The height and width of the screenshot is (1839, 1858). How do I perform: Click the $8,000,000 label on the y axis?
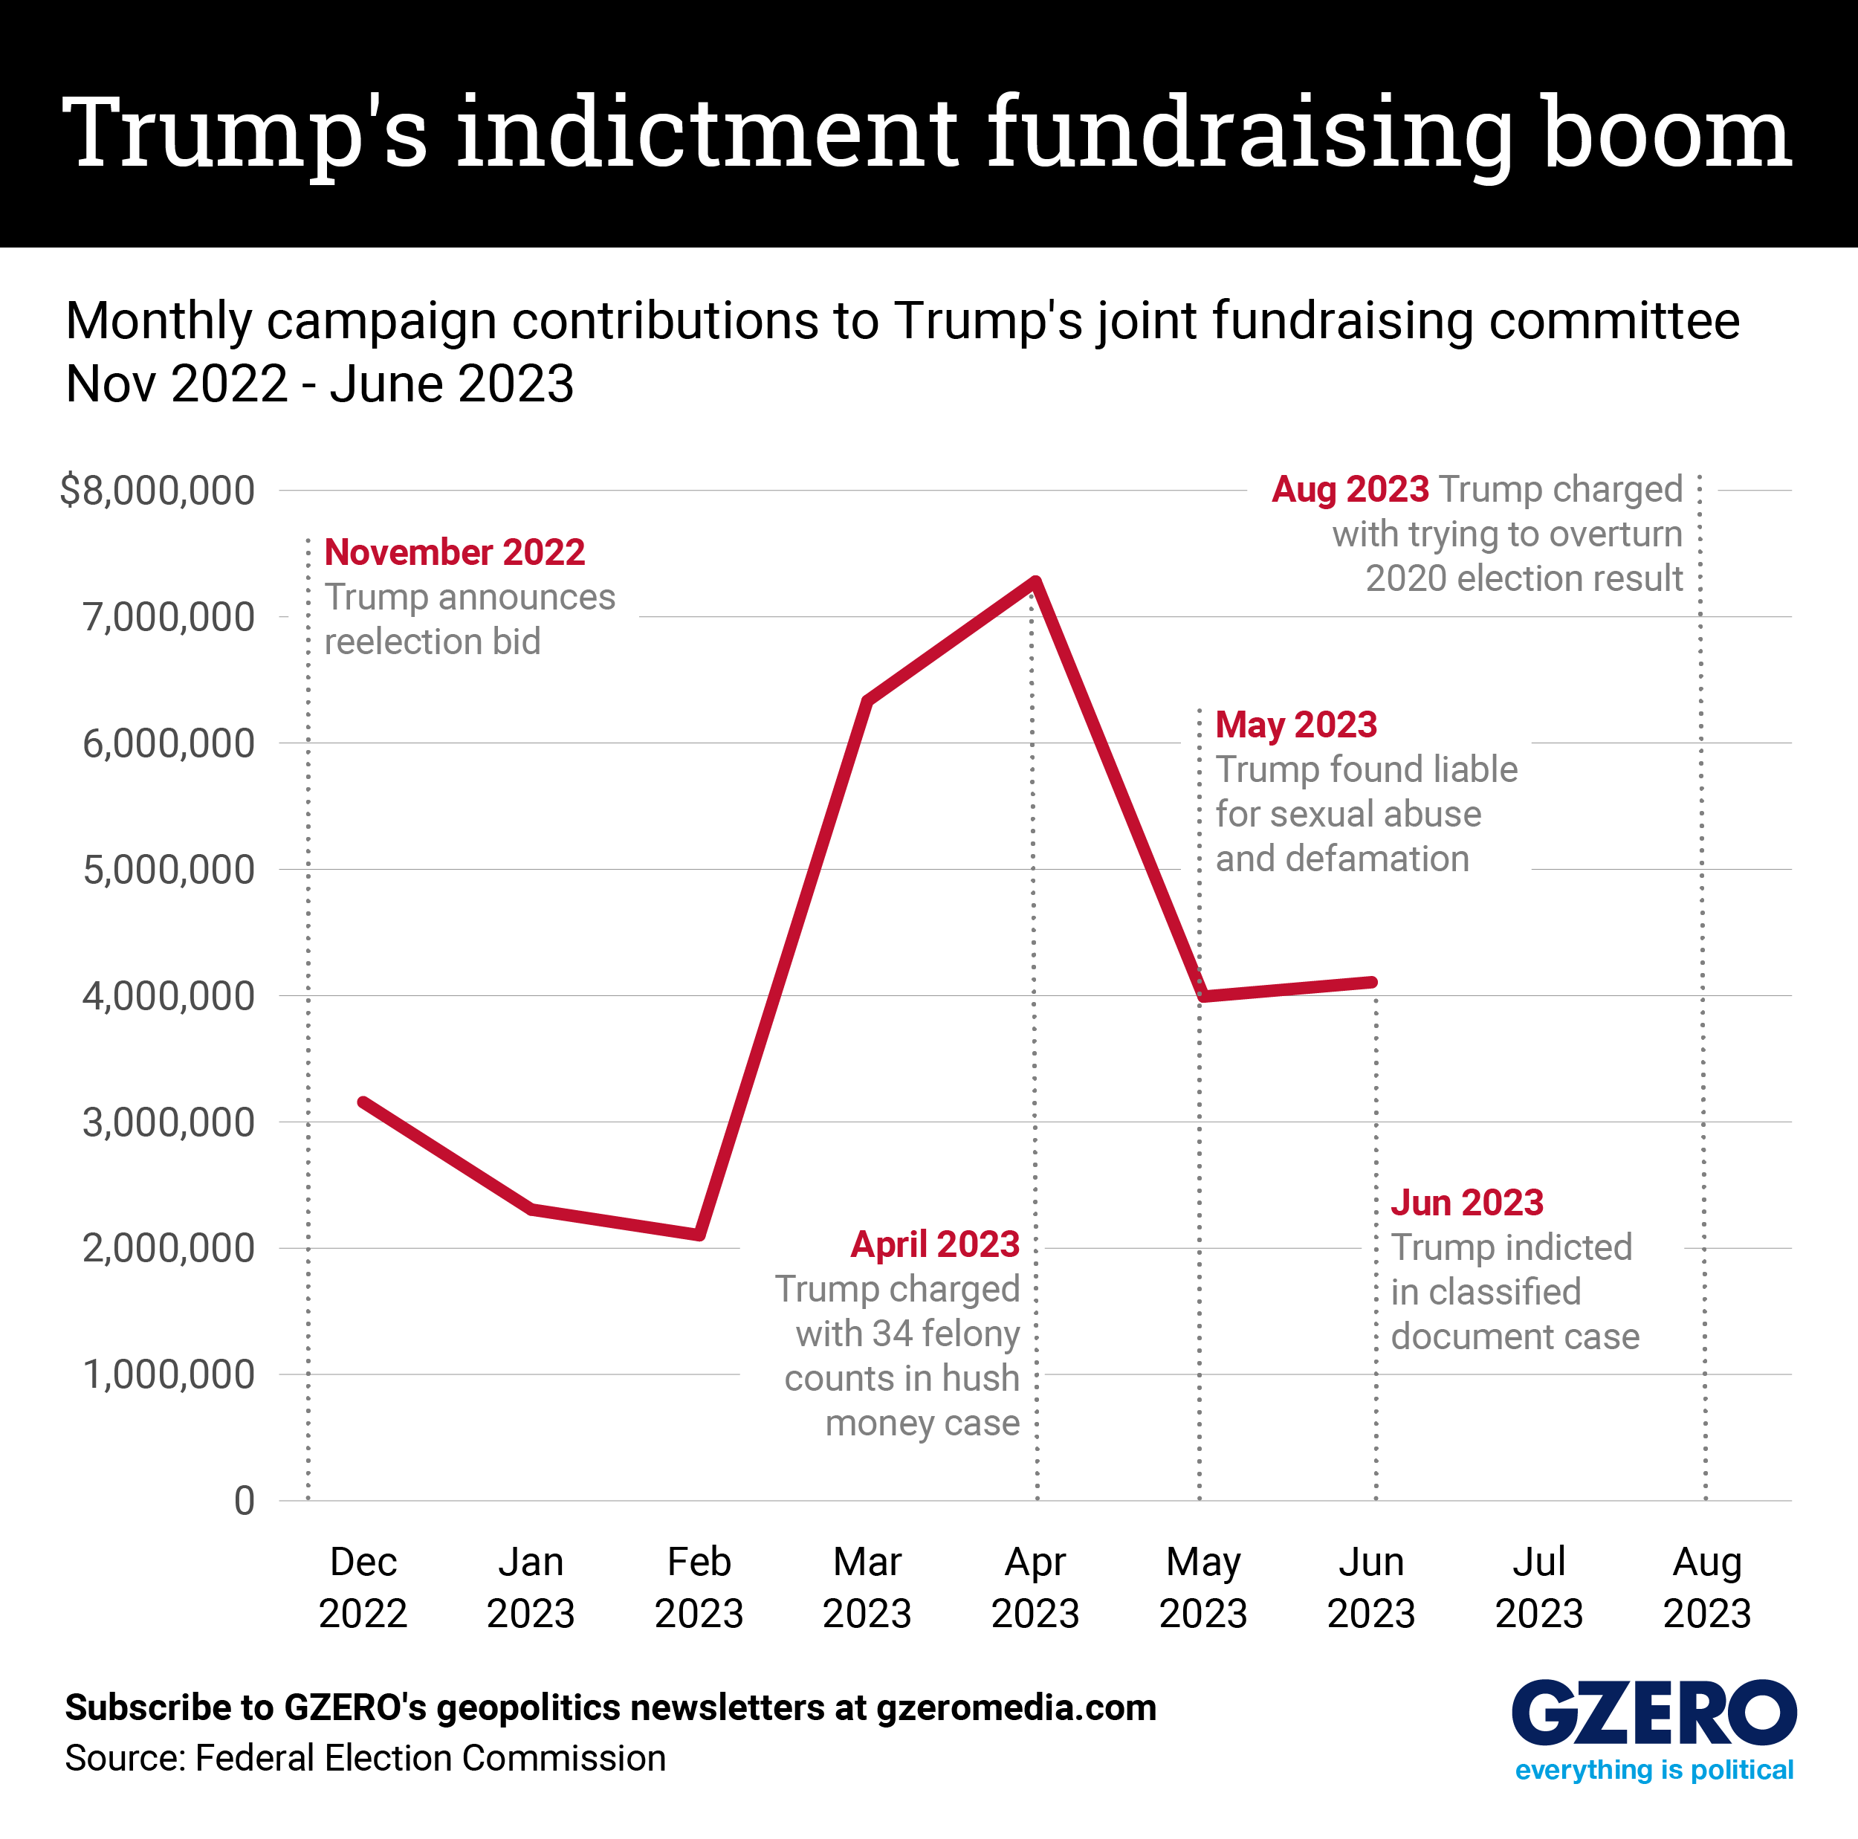point(157,491)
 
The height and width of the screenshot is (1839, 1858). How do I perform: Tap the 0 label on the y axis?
point(245,1501)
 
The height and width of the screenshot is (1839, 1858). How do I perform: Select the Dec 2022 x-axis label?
point(363,1587)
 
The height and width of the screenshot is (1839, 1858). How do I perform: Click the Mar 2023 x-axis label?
point(867,1587)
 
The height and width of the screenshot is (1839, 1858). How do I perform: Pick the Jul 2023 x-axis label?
point(1538,1587)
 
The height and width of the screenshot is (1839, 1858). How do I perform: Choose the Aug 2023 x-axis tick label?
point(1707,1587)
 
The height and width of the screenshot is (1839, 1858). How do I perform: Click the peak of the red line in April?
point(1036,581)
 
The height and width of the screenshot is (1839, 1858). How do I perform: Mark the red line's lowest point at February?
point(700,1235)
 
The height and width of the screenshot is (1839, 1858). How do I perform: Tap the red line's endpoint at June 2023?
point(1373,982)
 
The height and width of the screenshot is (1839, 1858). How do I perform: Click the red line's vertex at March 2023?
point(867,700)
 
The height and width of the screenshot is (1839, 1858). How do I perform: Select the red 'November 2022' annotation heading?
point(455,552)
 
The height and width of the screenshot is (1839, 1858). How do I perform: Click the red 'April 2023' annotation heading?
point(935,1244)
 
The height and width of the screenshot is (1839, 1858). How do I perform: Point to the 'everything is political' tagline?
point(1654,1770)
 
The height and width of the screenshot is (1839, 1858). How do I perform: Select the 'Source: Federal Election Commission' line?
point(366,1758)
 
